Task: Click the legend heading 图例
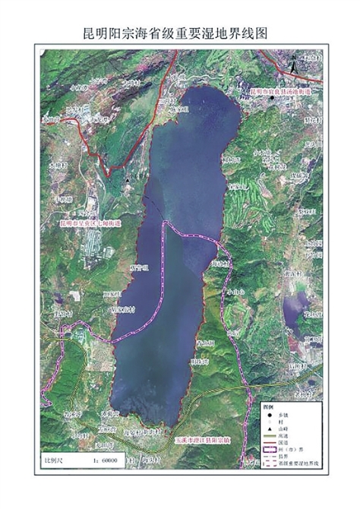(267, 406)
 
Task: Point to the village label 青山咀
(204, 343)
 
